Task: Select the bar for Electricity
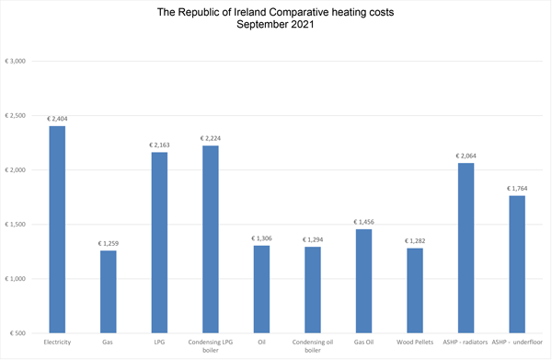click(57, 229)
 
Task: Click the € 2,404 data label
click(57, 119)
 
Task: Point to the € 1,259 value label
click(109, 243)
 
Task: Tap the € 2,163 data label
click(160, 145)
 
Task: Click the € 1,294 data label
click(314, 239)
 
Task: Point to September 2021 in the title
click(275, 25)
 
